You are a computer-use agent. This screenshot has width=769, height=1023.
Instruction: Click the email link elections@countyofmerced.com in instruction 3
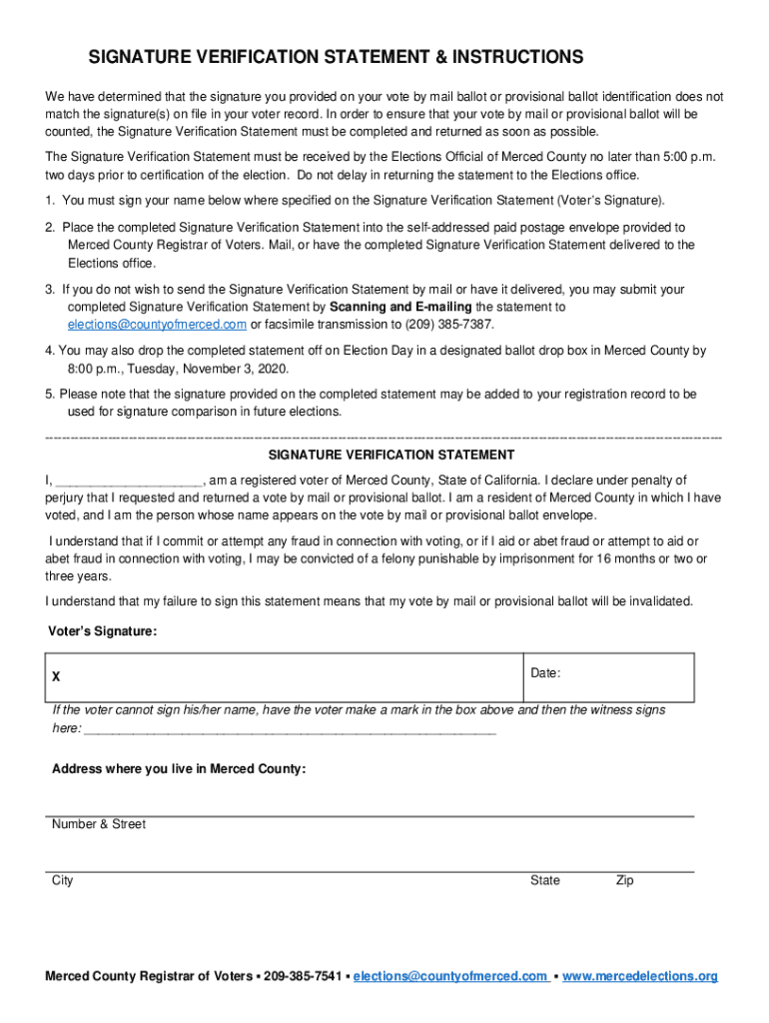(x=157, y=326)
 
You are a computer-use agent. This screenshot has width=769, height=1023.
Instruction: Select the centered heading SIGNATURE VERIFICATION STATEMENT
(x=384, y=455)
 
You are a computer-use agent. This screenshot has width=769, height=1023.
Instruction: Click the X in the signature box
(x=56, y=677)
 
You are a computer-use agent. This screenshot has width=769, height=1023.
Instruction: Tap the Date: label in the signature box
(x=545, y=673)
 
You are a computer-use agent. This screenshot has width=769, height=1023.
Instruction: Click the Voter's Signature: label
(x=102, y=631)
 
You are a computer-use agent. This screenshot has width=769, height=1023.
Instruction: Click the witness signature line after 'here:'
(x=290, y=729)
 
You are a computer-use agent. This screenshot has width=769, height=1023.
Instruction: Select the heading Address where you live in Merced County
(x=179, y=769)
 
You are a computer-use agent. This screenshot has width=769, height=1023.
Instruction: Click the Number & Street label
(x=99, y=824)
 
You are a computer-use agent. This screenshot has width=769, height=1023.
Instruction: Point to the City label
(x=63, y=880)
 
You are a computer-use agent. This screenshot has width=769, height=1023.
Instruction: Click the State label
(x=545, y=880)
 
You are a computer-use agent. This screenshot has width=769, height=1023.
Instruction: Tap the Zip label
(x=624, y=880)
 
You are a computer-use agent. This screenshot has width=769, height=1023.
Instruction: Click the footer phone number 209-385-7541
(x=301, y=976)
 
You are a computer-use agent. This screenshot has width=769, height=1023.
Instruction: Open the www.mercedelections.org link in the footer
(x=640, y=976)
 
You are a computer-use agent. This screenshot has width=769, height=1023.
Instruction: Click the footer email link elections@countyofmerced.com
(x=449, y=976)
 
